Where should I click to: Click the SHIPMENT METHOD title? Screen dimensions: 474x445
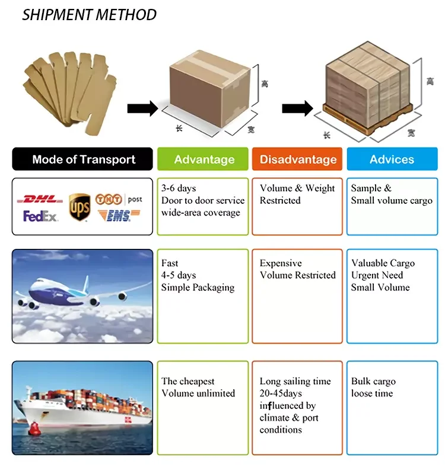[x=90, y=15]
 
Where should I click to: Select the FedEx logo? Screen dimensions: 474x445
[x=40, y=216]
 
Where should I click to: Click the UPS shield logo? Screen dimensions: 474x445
[x=80, y=208]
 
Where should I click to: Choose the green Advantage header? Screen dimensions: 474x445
[x=204, y=159]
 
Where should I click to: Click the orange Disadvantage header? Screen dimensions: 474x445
[x=298, y=159]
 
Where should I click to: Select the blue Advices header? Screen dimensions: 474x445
[x=392, y=159]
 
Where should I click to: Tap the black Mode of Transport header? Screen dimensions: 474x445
[x=84, y=159]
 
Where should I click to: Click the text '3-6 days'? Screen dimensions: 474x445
[x=179, y=188]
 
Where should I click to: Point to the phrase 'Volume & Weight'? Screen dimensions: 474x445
[x=297, y=188]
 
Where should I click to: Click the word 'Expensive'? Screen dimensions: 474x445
[x=281, y=263]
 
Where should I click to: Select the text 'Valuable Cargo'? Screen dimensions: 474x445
[x=383, y=263]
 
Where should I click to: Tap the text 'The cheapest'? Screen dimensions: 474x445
[x=188, y=382]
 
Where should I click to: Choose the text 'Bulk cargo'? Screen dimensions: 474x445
[x=373, y=382]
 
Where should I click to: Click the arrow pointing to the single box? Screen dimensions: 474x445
[x=142, y=108]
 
